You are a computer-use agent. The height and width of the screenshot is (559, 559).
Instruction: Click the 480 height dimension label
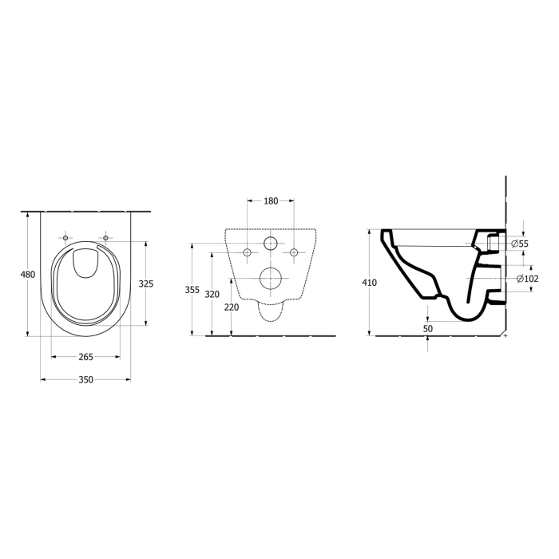click(x=27, y=275)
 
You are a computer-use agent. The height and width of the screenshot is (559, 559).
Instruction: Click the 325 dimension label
click(x=145, y=283)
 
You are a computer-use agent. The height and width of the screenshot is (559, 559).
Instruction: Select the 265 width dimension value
click(x=86, y=357)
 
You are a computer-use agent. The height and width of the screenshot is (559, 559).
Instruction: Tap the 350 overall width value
click(x=86, y=379)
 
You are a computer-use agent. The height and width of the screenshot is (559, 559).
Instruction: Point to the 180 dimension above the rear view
click(x=271, y=200)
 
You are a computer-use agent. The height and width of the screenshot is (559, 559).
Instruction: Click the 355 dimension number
click(x=192, y=290)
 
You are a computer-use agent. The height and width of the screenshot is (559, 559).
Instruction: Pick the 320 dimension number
click(x=212, y=294)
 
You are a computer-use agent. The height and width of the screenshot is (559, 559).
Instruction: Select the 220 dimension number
click(x=231, y=307)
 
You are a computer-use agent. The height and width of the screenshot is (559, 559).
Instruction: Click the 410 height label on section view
click(x=368, y=283)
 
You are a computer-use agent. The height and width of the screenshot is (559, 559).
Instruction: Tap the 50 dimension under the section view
click(x=427, y=328)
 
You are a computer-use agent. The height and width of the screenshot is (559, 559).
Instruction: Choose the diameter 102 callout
click(x=526, y=279)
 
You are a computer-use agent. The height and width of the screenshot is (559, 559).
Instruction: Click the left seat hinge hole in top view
click(x=65, y=237)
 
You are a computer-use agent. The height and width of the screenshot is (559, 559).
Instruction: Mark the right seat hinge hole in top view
click(x=105, y=237)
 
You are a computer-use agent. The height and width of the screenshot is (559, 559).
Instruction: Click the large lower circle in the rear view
click(x=271, y=278)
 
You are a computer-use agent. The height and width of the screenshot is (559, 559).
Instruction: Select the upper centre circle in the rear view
click(x=271, y=244)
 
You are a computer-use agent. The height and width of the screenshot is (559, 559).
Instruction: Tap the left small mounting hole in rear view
click(x=248, y=252)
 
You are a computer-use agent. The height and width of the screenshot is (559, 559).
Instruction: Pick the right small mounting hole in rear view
click(x=294, y=252)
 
